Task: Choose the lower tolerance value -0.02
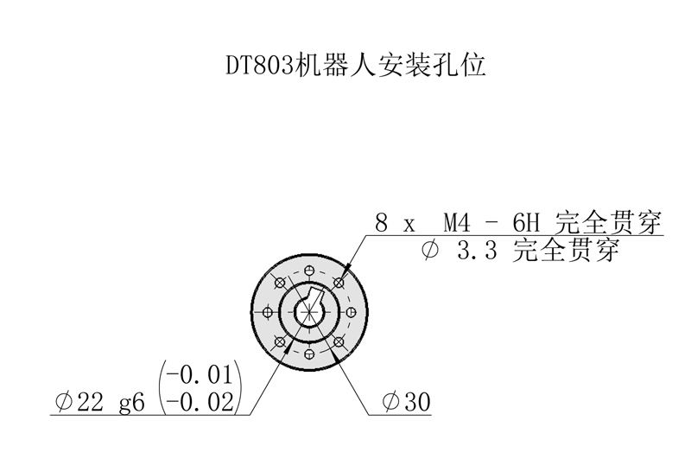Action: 200,402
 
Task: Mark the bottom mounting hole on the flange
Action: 308,354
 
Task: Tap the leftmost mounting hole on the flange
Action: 266,311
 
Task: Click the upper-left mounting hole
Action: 278,282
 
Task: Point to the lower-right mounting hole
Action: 339,341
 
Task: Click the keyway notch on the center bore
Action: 316,296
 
